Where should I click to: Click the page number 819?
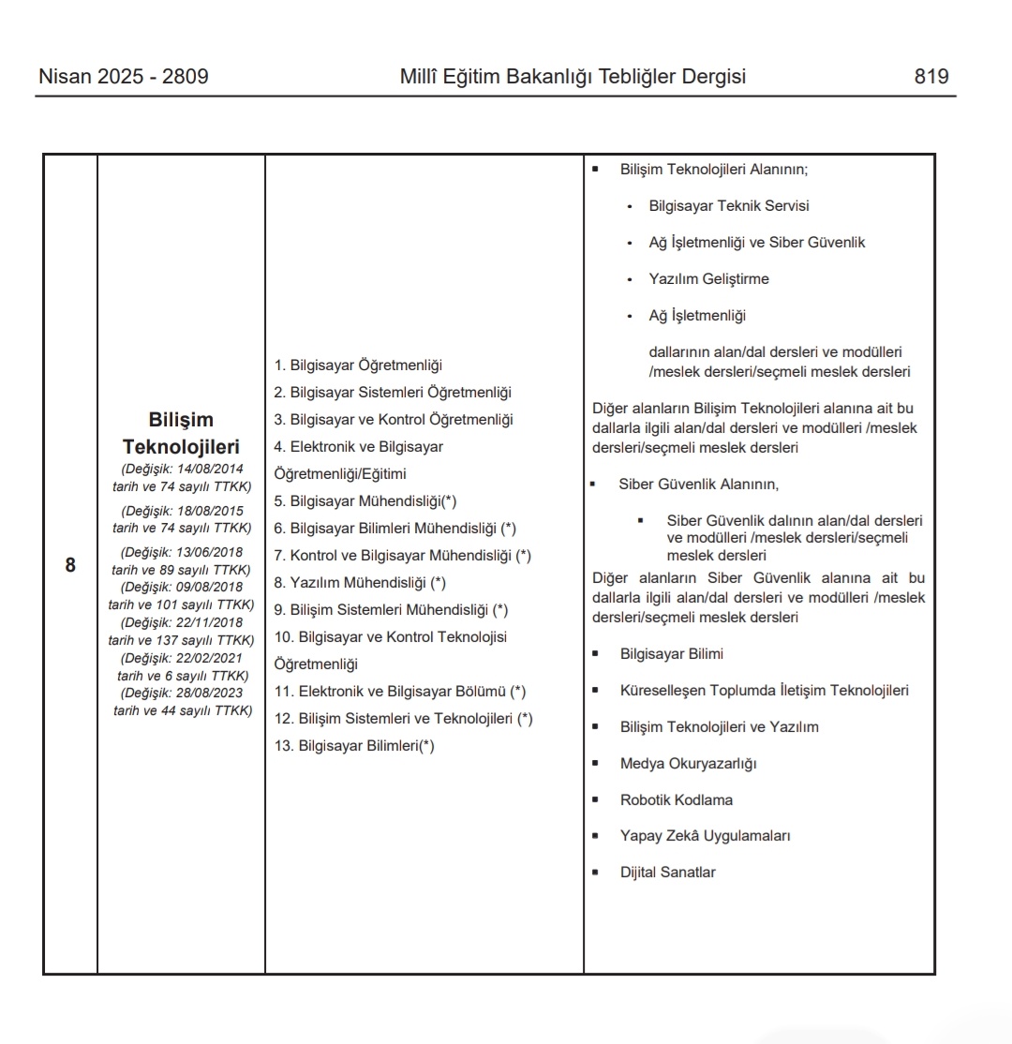pyautogui.click(x=931, y=77)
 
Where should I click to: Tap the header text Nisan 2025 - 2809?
pyautogui.click(x=123, y=77)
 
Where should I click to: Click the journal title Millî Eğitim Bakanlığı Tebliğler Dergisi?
pyautogui.click(x=573, y=77)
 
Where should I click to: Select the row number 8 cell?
pyautogui.click(x=70, y=565)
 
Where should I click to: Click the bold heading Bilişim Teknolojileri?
pyautogui.click(x=181, y=433)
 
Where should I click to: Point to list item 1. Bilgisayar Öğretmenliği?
pyautogui.click(x=358, y=365)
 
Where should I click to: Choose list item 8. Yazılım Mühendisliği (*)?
pyautogui.click(x=360, y=582)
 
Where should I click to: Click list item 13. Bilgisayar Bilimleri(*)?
pyautogui.click(x=354, y=746)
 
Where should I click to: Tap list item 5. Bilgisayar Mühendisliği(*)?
pyautogui.click(x=365, y=500)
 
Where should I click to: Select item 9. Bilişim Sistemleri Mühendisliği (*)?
pyautogui.click(x=391, y=609)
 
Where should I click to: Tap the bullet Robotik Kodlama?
pyautogui.click(x=676, y=799)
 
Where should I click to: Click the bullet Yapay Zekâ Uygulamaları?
pyautogui.click(x=705, y=835)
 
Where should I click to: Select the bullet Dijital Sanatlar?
pyautogui.click(x=667, y=872)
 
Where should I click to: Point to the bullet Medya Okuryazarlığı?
pyautogui.click(x=688, y=763)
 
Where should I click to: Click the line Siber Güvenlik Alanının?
pyautogui.click(x=698, y=485)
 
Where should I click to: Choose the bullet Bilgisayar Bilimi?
pyautogui.click(x=671, y=654)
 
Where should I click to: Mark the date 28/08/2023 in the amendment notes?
pyautogui.click(x=210, y=693)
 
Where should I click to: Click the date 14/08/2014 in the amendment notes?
pyautogui.click(x=210, y=468)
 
